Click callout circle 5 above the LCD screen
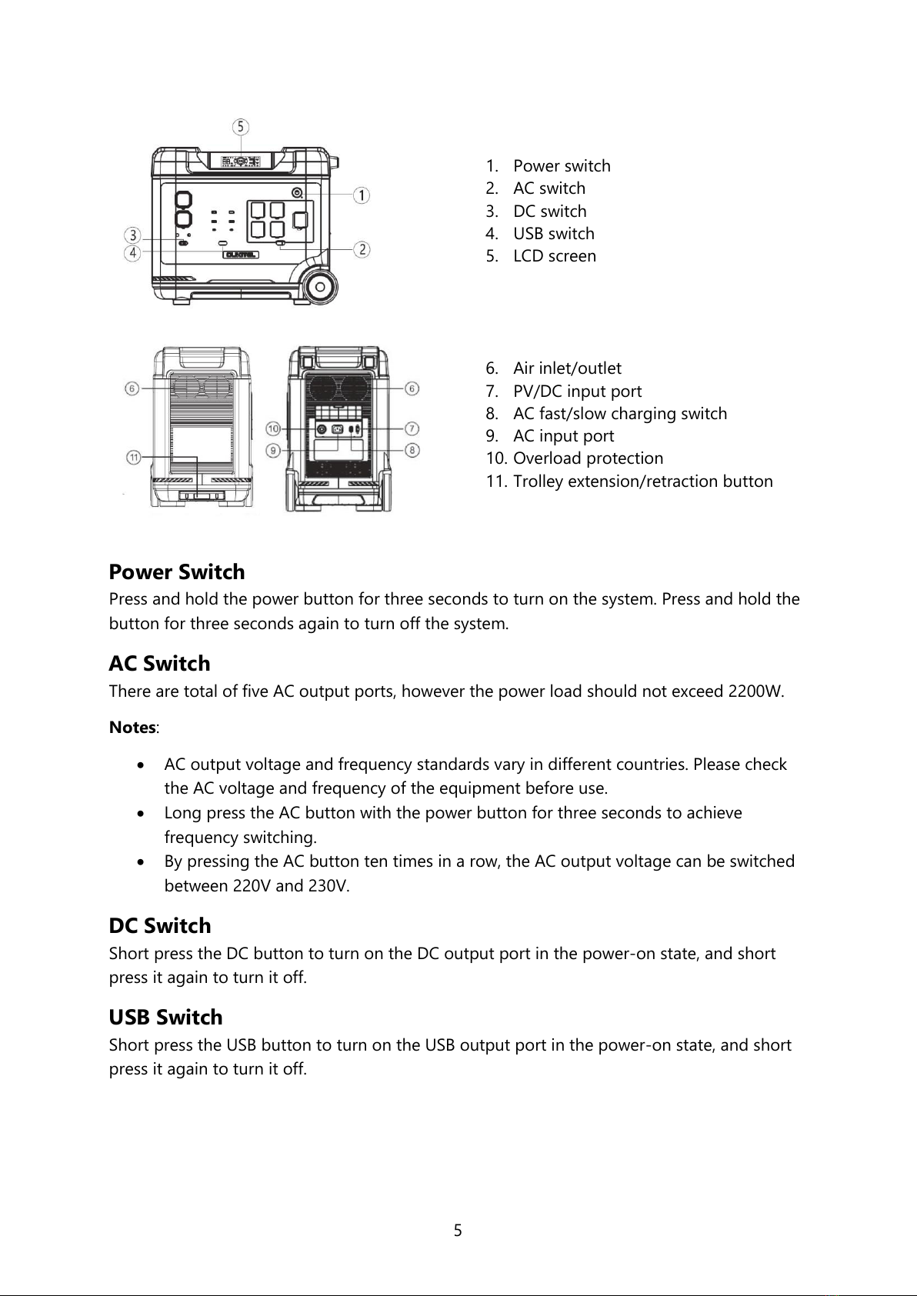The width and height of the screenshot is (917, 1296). coord(241,126)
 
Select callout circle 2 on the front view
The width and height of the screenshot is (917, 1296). coord(361,249)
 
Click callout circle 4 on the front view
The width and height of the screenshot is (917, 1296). coord(134,252)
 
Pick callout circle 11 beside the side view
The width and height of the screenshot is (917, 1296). coord(134,458)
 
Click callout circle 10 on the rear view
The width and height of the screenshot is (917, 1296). coord(273,428)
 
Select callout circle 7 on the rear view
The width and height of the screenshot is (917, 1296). coord(413,428)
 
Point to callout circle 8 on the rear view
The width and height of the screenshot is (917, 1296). coord(413,449)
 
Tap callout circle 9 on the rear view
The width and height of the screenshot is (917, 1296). coord(273,449)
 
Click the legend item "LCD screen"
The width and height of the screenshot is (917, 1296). coord(554,256)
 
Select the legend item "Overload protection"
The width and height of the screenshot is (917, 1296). coord(588,458)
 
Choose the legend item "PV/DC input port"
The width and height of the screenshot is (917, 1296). coord(577,391)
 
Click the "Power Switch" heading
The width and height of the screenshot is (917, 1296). coord(177,572)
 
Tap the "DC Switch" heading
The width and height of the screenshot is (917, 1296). coord(160,926)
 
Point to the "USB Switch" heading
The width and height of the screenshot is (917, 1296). coord(165,1018)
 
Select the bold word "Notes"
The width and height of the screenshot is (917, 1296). coord(132,728)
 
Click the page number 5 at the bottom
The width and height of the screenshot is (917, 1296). coord(458,1231)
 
